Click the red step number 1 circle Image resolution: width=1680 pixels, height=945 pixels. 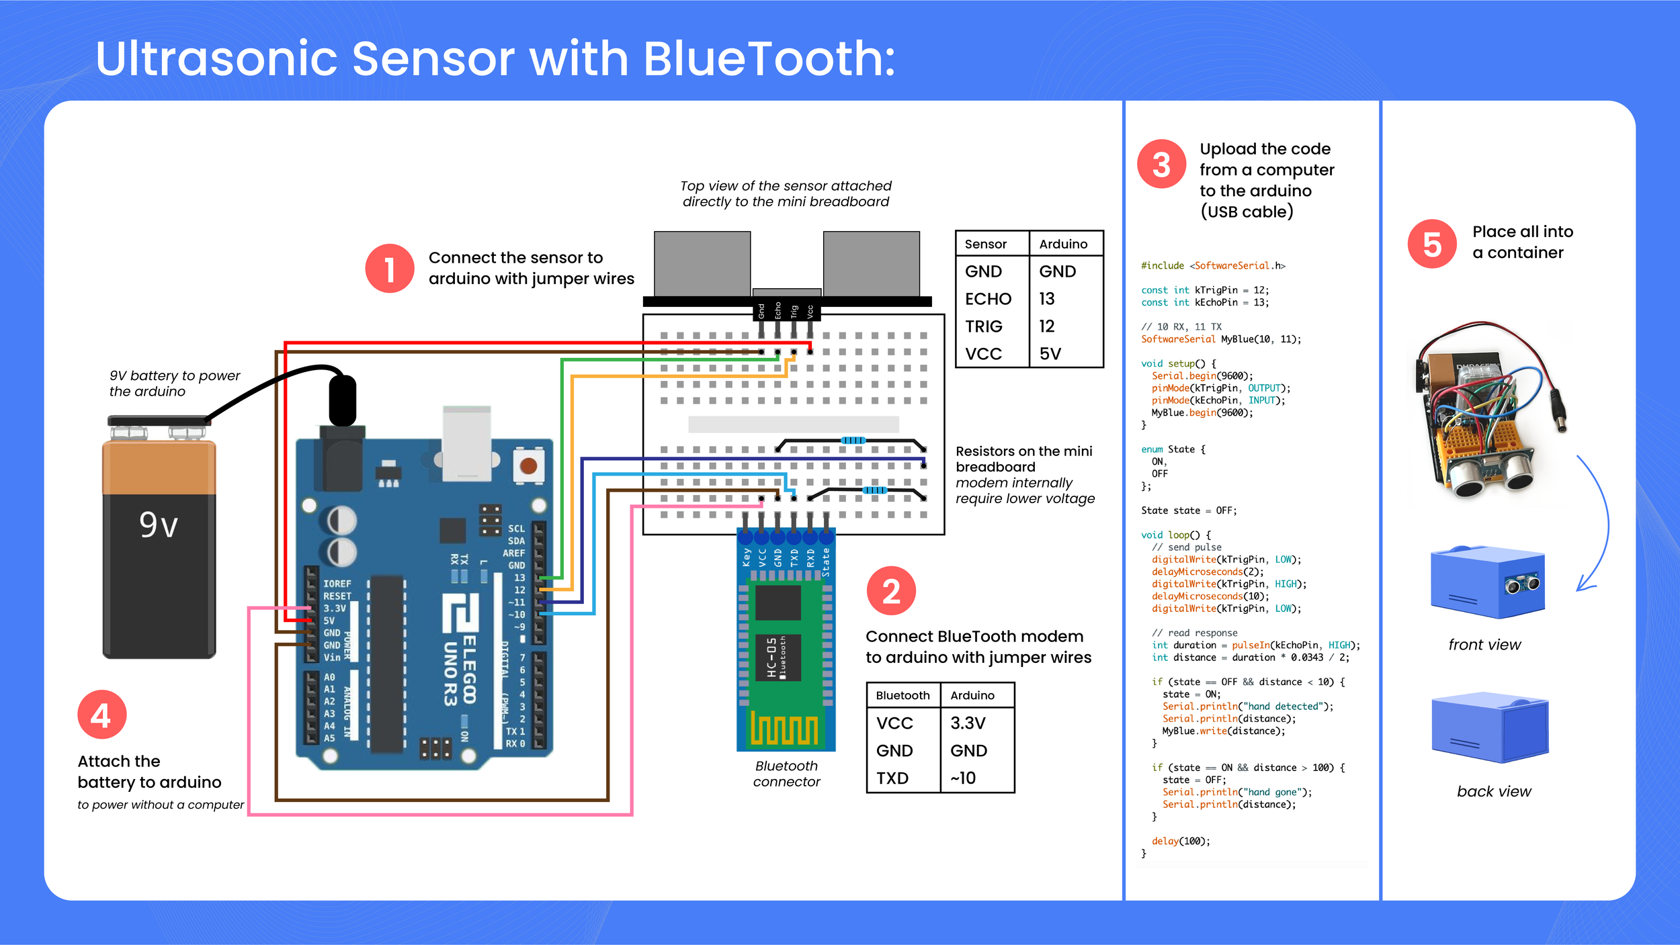(389, 269)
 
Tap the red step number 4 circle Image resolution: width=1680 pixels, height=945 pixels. (101, 715)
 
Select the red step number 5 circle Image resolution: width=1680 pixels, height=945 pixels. (1431, 244)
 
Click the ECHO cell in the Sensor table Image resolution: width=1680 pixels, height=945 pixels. (988, 299)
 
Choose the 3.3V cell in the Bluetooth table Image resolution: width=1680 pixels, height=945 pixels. (968, 723)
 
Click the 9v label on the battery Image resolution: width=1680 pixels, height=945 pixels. (159, 525)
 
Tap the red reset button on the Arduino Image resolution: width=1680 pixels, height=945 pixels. (528, 465)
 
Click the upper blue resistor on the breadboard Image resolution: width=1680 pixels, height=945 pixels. (853, 441)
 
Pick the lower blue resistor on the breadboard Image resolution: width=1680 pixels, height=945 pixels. (874, 490)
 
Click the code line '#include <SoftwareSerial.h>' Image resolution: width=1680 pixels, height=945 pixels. (1212, 266)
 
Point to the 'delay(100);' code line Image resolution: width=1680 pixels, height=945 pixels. (1180, 842)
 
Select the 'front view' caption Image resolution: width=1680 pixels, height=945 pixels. (1484, 645)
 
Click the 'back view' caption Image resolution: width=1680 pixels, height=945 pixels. (1493, 792)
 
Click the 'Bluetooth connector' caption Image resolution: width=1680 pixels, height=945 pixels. (786, 774)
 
